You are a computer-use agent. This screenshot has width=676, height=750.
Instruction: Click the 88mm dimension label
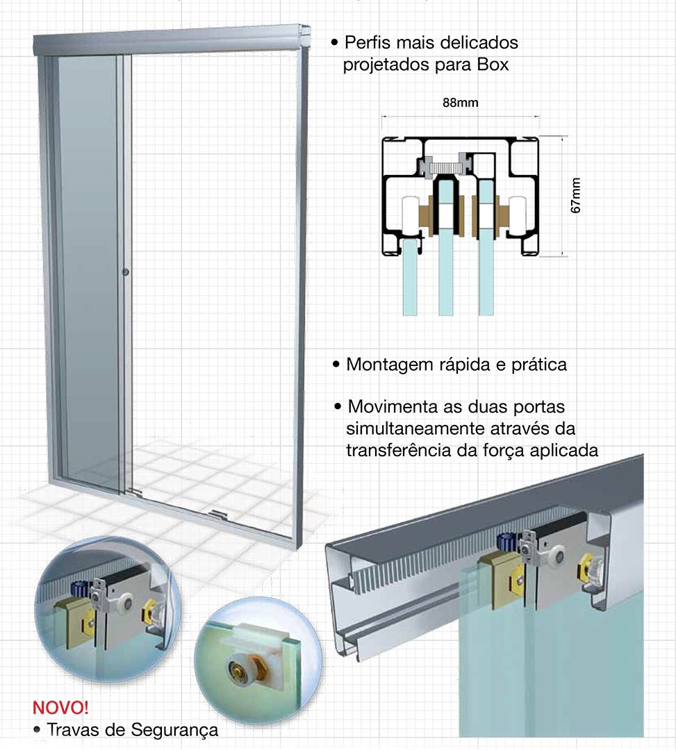pos(460,103)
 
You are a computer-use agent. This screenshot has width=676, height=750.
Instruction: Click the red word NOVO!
pos(60,707)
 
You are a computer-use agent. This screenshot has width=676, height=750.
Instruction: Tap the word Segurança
pos(174,731)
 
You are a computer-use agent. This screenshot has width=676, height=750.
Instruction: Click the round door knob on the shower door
pos(125,272)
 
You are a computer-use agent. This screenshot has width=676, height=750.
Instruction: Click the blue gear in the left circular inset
pos(78,588)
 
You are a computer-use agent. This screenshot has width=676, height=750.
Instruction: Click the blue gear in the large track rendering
pos(505,542)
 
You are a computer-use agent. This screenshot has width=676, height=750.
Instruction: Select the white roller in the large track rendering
pos(557,556)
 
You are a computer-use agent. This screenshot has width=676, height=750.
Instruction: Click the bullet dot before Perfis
pos(334,42)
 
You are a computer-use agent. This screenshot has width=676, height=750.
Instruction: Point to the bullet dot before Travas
pos(37,731)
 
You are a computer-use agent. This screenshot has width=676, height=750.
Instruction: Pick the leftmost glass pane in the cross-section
pos(409,277)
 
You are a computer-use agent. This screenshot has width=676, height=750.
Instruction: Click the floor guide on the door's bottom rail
pos(217,514)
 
